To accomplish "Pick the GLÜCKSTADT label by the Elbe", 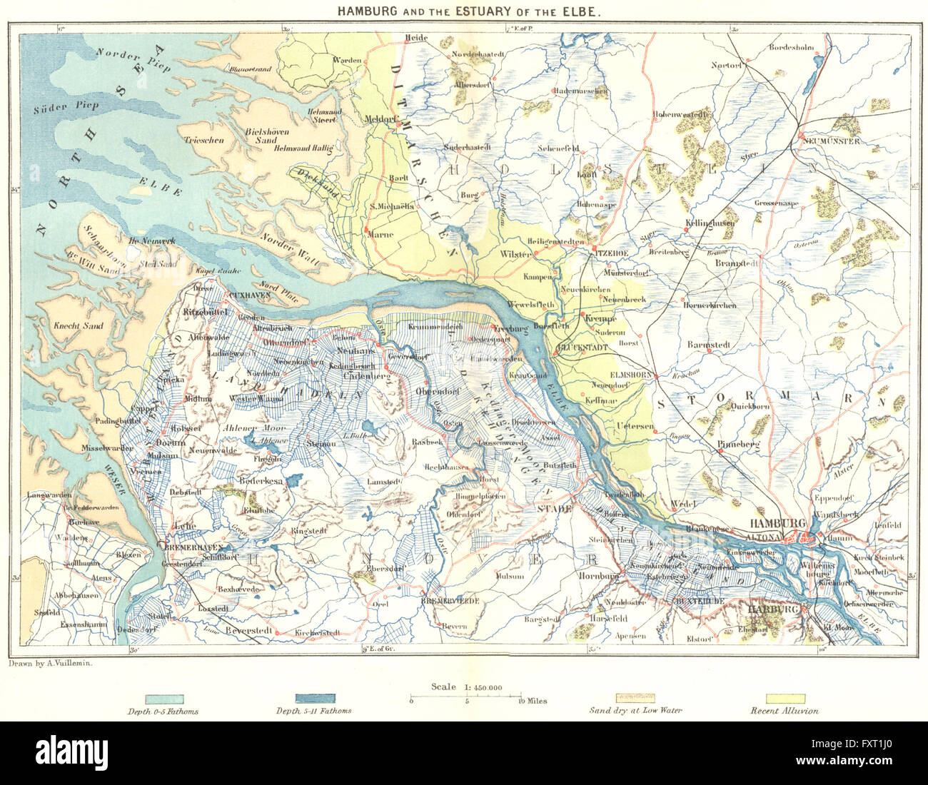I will (581, 347).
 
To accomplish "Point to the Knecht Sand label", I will (79, 326).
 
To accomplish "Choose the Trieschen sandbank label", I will (203, 141).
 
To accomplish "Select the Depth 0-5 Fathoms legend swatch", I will (164, 699).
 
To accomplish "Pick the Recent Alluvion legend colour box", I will (785, 699).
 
